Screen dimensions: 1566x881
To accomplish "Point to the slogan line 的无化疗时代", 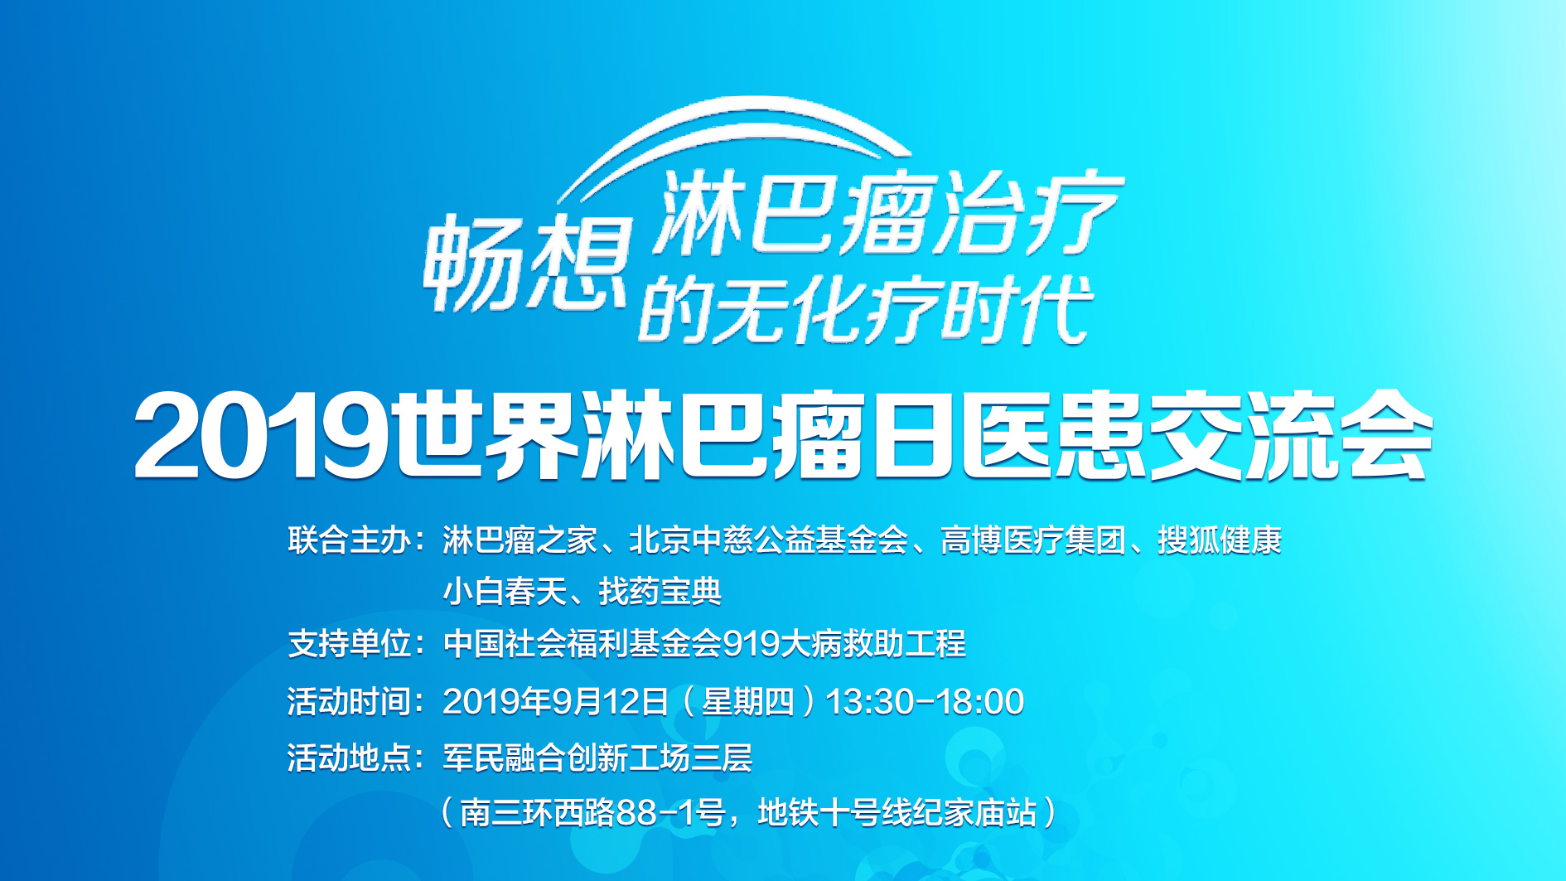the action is click(x=866, y=310).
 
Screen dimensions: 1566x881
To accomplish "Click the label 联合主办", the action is click(x=350, y=540).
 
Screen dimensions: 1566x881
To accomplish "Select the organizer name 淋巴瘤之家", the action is click(x=520, y=540).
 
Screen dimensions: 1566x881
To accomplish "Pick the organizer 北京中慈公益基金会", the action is click(x=768, y=540).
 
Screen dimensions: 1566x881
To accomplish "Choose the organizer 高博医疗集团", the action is click(x=1033, y=540).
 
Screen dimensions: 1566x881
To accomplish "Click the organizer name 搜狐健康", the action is click(x=1220, y=540).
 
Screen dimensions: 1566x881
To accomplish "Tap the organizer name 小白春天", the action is click(x=505, y=592).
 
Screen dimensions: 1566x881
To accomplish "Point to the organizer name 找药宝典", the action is click(x=660, y=592).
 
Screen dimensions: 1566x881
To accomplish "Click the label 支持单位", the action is click(x=350, y=643).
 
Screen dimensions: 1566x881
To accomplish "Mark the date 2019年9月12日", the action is click(x=555, y=701).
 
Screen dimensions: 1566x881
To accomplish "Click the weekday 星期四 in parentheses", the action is click(x=748, y=701).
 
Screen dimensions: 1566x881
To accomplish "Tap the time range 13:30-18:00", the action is click(x=925, y=701).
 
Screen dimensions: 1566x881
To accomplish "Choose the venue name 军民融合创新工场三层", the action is click(x=597, y=758).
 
